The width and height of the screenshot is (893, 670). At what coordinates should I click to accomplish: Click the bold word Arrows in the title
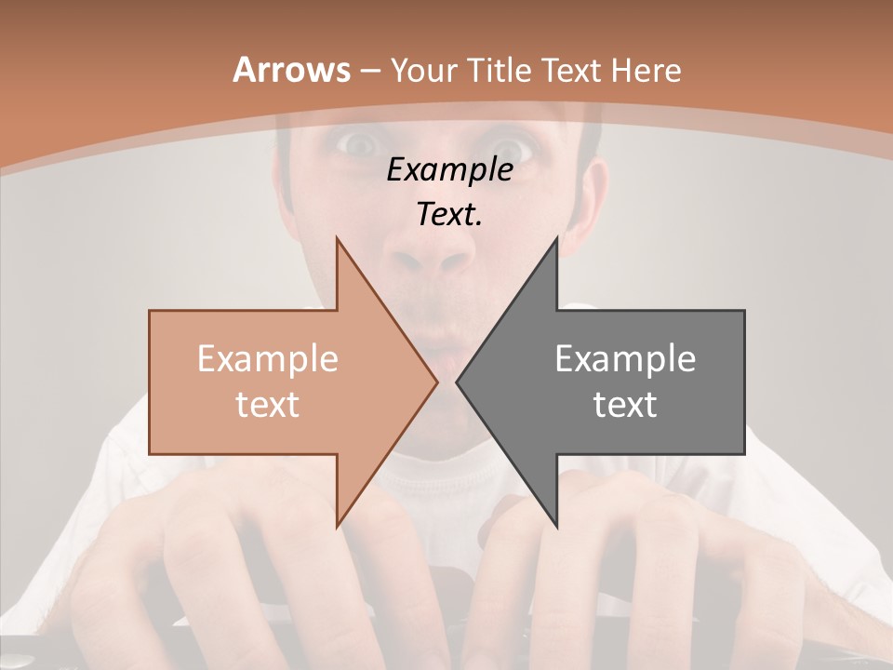click(x=291, y=71)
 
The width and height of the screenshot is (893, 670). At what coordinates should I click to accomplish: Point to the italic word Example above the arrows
click(x=449, y=170)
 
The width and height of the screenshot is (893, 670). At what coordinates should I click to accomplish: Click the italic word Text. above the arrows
click(x=449, y=215)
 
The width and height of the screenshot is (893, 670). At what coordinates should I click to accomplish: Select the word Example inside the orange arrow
click(x=268, y=359)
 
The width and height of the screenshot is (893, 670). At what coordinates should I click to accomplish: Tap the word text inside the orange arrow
click(x=268, y=405)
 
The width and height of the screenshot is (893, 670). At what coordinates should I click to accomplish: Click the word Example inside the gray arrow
click(x=625, y=359)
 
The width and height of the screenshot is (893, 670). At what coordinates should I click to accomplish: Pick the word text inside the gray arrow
click(x=625, y=405)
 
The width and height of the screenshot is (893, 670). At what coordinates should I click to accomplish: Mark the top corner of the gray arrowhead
click(x=556, y=237)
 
